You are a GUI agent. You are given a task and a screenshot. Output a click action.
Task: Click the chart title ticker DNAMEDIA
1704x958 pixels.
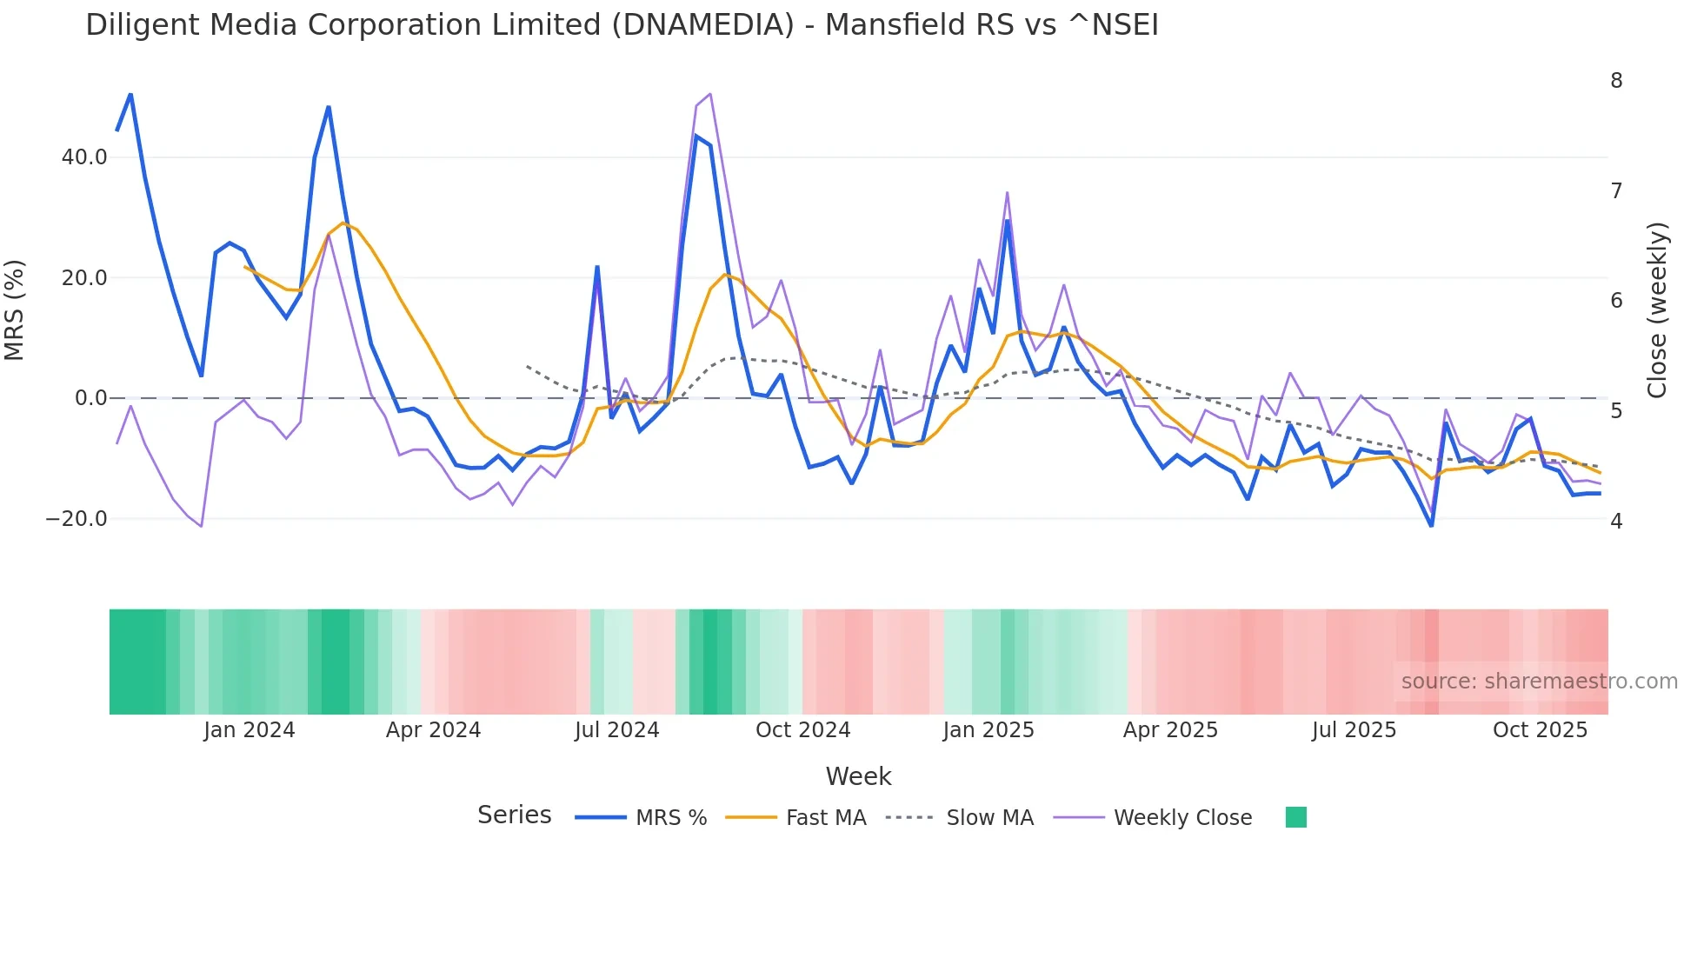click(x=702, y=25)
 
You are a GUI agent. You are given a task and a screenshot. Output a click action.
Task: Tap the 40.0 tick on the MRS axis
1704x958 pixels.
click(x=84, y=157)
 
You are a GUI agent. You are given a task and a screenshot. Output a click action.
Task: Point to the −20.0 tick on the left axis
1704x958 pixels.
click(x=77, y=519)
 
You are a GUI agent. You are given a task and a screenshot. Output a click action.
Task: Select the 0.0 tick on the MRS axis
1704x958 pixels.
click(x=91, y=398)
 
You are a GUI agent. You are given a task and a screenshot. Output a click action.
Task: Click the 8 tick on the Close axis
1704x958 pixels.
click(x=1616, y=81)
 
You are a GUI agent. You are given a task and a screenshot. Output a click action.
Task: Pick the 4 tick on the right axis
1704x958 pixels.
click(x=1616, y=521)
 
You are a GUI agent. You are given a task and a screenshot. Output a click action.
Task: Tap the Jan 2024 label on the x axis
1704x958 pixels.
click(x=250, y=730)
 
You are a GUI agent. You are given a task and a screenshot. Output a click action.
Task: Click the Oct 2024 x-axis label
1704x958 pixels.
click(x=802, y=730)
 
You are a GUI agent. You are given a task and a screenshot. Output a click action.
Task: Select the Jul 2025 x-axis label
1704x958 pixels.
click(x=1354, y=730)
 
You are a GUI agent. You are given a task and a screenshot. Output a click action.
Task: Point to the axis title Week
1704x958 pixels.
click(x=858, y=776)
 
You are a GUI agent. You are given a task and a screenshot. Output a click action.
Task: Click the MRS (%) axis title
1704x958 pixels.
click(x=15, y=309)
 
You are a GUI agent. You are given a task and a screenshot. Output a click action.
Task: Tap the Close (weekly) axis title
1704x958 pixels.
click(x=1658, y=309)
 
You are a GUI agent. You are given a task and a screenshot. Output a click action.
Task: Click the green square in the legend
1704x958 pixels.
click(x=1295, y=817)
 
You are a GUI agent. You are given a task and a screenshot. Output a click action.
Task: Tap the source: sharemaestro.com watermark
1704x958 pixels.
click(x=1539, y=682)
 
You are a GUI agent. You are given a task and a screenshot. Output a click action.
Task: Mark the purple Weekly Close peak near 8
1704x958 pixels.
click(x=710, y=94)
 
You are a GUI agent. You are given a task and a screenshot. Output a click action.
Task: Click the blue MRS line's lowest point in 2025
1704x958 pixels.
click(x=1431, y=525)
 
